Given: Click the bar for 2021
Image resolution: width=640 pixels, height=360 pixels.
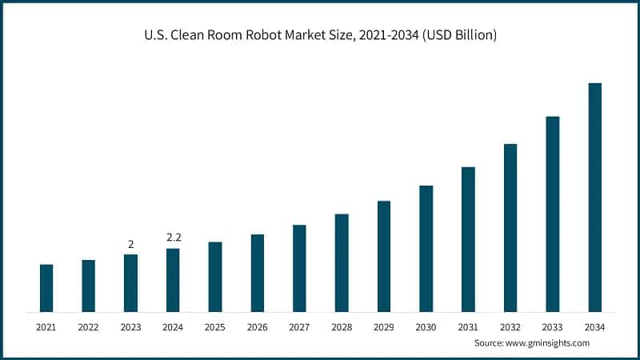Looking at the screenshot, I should [x=46, y=288].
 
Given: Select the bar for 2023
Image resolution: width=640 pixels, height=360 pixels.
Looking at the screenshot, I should [x=130, y=283].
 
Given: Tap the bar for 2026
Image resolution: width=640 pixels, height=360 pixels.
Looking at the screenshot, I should [x=257, y=273].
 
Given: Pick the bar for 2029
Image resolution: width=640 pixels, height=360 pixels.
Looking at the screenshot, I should [x=384, y=256].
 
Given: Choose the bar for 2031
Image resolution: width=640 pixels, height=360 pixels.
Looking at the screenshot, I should [x=468, y=239].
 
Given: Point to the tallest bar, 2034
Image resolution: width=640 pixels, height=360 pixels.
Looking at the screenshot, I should [x=594, y=197].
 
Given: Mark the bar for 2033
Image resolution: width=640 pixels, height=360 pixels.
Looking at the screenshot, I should [x=553, y=214].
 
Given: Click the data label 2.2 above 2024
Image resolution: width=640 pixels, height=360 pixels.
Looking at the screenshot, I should [x=173, y=238].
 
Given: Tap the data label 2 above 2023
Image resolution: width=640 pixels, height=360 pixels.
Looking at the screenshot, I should [x=130, y=244].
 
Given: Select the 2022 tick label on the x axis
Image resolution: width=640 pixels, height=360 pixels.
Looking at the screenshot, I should [x=88, y=327].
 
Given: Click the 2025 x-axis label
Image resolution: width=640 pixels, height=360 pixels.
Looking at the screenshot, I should [x=214, y=327].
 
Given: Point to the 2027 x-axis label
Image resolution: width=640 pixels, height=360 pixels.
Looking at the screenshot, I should [x=299, y=327].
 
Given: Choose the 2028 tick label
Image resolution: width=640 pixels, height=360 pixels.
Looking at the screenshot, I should [x=342, y=327].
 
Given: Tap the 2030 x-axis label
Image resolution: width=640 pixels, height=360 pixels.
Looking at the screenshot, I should [x=426, y=327].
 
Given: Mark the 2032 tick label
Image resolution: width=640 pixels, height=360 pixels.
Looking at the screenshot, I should [x=510, y=327].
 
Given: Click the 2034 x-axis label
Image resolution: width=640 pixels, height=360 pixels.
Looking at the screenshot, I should [x=594, y=327].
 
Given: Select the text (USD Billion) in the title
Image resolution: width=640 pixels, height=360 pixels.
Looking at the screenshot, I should [x=455, y=36].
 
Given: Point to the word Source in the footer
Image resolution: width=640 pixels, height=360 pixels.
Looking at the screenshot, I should [x=490, y=342].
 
